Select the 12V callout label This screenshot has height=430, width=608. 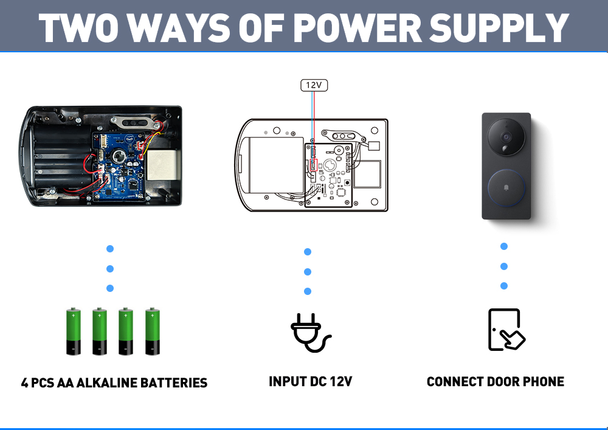tap(314, 85)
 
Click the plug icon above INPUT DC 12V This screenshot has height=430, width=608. tap(310, 333)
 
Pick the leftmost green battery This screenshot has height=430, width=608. tap(73, 331)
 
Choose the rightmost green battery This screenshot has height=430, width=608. tap(152, 331)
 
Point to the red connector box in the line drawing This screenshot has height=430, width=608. tap(314, 165)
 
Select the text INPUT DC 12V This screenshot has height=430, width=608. tap(310, 382)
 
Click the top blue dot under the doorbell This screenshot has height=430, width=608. tap(504, 246)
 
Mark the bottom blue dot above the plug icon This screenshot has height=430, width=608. tap(308, 291)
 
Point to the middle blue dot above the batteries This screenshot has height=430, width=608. tap(110, 268)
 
